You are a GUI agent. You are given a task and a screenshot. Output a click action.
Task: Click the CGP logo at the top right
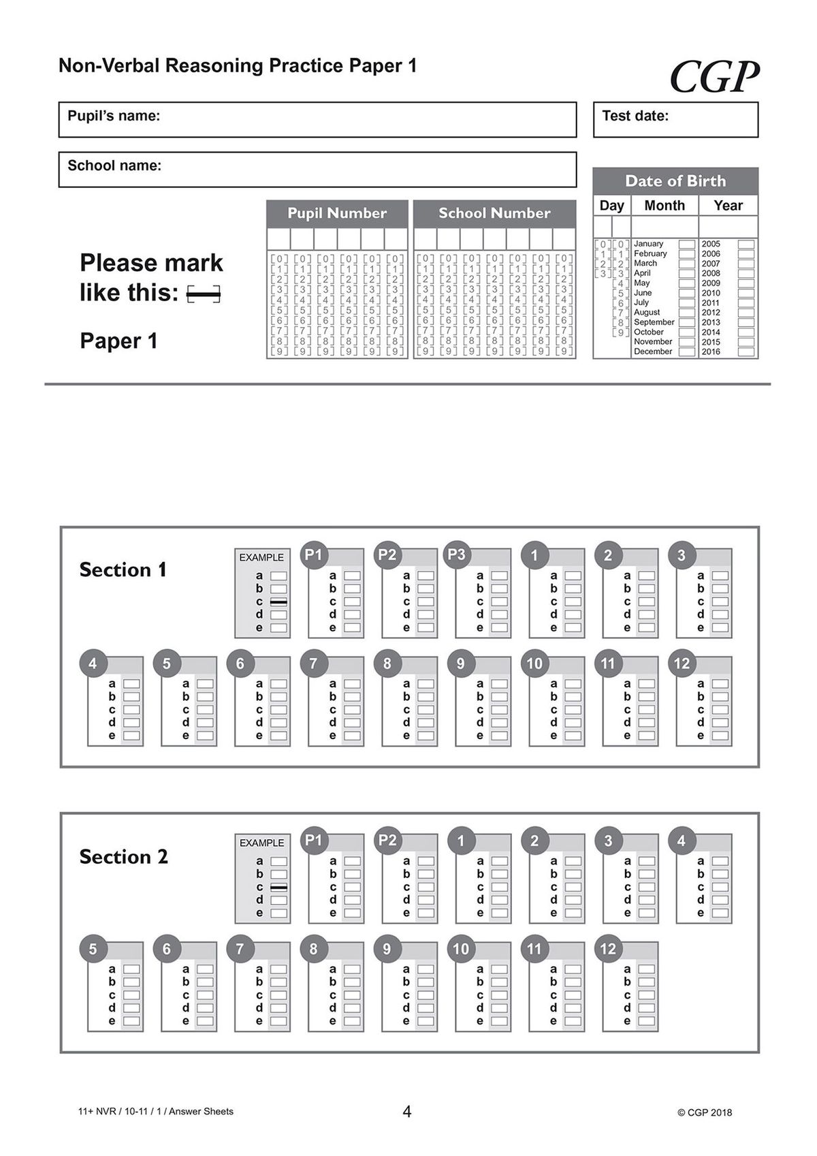click(x=714, y=76)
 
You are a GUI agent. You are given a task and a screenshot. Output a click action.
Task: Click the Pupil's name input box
click(x=317, y=120)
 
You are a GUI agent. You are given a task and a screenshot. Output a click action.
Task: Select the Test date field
click(x=675, y=120)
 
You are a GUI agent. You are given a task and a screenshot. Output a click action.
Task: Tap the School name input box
click(x=317, y=170)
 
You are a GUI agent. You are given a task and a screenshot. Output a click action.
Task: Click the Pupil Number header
click(x=337, y=213)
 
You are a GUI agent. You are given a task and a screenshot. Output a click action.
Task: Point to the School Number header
click(x=494, y=213)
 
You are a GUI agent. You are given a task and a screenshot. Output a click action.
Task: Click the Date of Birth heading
click(x=675, y=181)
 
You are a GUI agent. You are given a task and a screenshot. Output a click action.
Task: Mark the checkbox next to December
click(x=687, y=352)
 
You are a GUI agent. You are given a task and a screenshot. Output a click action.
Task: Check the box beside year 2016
click(x=746, y=352)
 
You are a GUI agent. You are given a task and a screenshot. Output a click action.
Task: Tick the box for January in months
click(x=687, y=244)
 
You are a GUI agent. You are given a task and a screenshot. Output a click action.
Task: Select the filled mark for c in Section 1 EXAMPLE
click(x=278, y=602)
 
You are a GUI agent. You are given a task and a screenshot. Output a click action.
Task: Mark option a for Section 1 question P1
click(x=352, y=576)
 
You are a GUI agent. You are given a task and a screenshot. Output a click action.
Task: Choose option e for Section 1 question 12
click(x=720, y=736)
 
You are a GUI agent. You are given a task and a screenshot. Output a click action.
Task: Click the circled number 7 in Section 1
click(x=313, y=663)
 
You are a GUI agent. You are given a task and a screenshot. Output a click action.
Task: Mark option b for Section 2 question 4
click(x=720, y=875)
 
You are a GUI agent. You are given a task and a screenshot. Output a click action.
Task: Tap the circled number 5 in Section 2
click(x=93, y=949)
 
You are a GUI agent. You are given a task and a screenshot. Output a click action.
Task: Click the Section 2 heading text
click(x=123, y=857)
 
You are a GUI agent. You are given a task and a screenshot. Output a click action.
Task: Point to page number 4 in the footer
click(x=407, y=1112)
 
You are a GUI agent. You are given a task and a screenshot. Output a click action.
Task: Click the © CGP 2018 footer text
click(x=705, y=1112)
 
